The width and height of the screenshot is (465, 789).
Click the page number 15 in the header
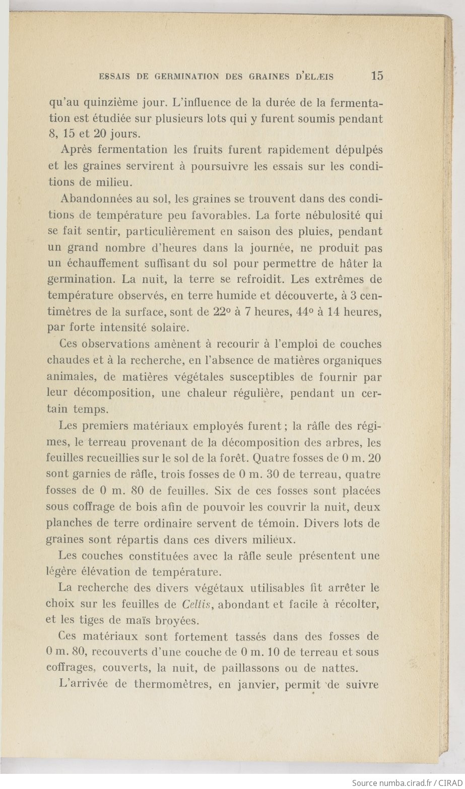pos(377,76)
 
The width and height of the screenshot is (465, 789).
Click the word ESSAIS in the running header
pos(116,77)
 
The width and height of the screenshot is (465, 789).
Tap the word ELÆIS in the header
pos(317,77)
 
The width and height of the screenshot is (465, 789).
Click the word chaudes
pos(68,361)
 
